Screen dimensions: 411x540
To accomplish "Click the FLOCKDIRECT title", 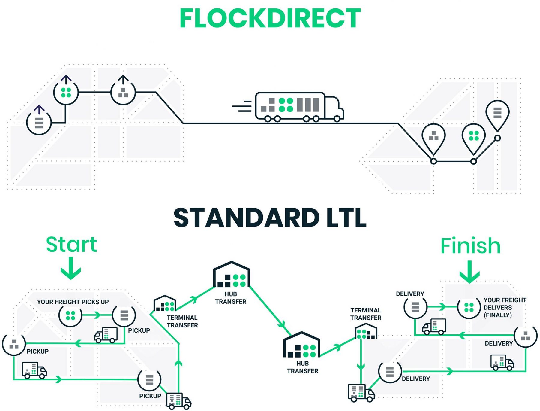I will pyautogui.click(x=270, y=19).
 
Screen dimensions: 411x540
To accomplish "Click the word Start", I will pyautogui.click(x=71, y=245).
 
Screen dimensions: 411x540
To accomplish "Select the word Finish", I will pyautogui.click(x=470, y=246).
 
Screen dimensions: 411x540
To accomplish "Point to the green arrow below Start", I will pyautogui.click(x=71, y=268).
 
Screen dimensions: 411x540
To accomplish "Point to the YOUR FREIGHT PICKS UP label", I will pyautogui.click(x=73, y=302).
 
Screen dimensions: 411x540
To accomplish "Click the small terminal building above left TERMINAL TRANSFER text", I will pyautogui.click(x=165, y=304).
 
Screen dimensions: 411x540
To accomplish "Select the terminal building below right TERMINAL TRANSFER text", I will pyautogui.click(x=366, y=331).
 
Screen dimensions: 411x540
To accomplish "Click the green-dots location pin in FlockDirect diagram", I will pyautogui.click(x=474, y=137).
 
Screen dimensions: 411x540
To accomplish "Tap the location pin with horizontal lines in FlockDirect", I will pyautogui.click(x=497, y=114).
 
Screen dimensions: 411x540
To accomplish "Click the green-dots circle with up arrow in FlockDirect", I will pyautogui.click(x=66, y=92).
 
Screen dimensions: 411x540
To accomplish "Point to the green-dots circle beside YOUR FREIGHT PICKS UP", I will pyautogui.click(x=70, y=315).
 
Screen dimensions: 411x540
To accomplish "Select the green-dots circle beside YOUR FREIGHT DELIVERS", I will pyautogui.click(x=469, y=307).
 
